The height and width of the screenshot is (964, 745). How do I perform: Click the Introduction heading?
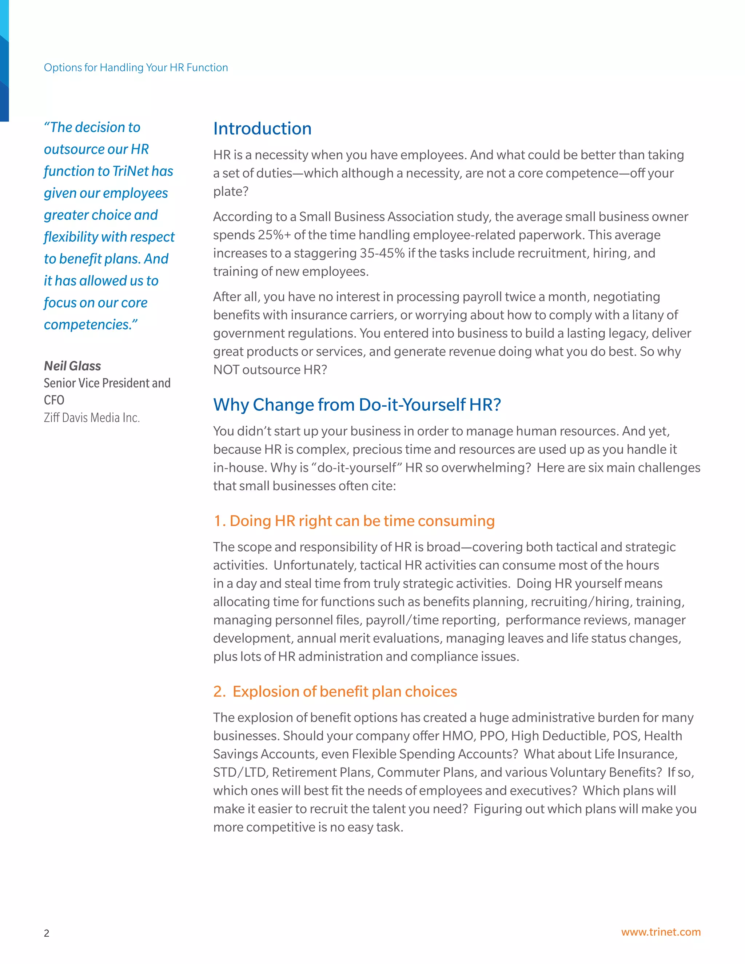click(262, 128)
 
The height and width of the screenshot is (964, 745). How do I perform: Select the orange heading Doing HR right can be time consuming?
click(354, 521)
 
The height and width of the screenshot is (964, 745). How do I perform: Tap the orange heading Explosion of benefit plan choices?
click(335, 691)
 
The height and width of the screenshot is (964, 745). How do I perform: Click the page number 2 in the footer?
click(46, 933)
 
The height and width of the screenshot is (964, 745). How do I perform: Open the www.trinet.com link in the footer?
click(660, 932)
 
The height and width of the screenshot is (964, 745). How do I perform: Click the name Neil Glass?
click(72, 366)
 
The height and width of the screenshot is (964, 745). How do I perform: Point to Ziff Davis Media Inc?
click(91, 418)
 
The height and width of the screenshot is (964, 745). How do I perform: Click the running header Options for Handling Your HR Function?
click(135, 68)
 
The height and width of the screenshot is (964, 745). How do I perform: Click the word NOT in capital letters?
click(226, 370)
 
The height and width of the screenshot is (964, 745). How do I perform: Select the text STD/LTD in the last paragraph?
click(239, 772)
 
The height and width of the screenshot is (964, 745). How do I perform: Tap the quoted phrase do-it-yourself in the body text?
click(356, 468)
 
